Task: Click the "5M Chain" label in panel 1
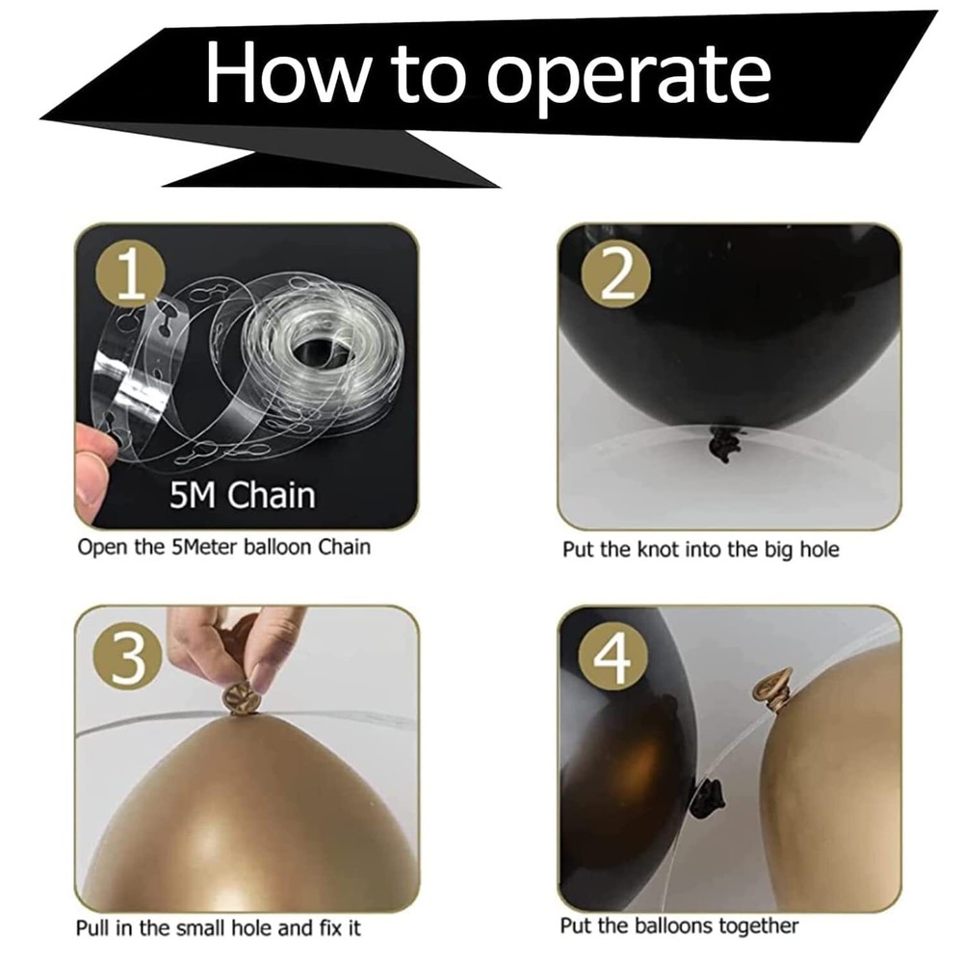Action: [x=242, y=495]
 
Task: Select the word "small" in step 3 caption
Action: [x=202, y=927]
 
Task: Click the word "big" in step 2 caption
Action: [x=779, y=550]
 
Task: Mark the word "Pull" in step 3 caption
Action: [x=93, y=927]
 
